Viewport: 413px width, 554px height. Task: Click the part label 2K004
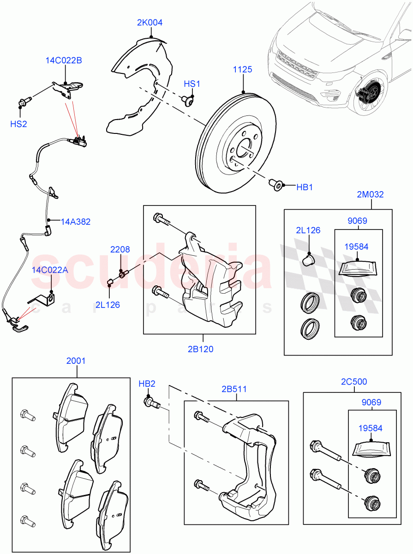pyautogui.click(x=150, y=22)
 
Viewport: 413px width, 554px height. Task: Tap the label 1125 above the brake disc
pyautogui.click(x=242, y=70)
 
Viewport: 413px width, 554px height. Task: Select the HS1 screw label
pyautogui.click(x=192, y=84)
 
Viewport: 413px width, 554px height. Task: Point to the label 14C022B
pyautogui.click(x=64, y=60)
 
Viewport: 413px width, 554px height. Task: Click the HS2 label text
pyautogui.click(x=19, y=124)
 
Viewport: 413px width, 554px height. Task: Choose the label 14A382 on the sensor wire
pyautogui.click(x=76, y=222)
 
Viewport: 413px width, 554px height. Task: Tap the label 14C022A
pyautogui.click(x=50, y=270)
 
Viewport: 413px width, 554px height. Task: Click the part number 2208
pyautogui.click(x=120, y=249)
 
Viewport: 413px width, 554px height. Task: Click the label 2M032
pyautogui.click(x=370, y=195)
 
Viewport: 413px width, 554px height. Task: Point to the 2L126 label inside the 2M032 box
pyautogui.click(x=308, y=230)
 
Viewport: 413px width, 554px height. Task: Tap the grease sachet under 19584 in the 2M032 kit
pyautogui.click(x=358, y=268)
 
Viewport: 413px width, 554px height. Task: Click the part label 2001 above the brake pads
pyautogui.click(x=76, y=361)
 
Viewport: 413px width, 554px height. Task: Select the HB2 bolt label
pyautogui.click(x=147, y=384)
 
